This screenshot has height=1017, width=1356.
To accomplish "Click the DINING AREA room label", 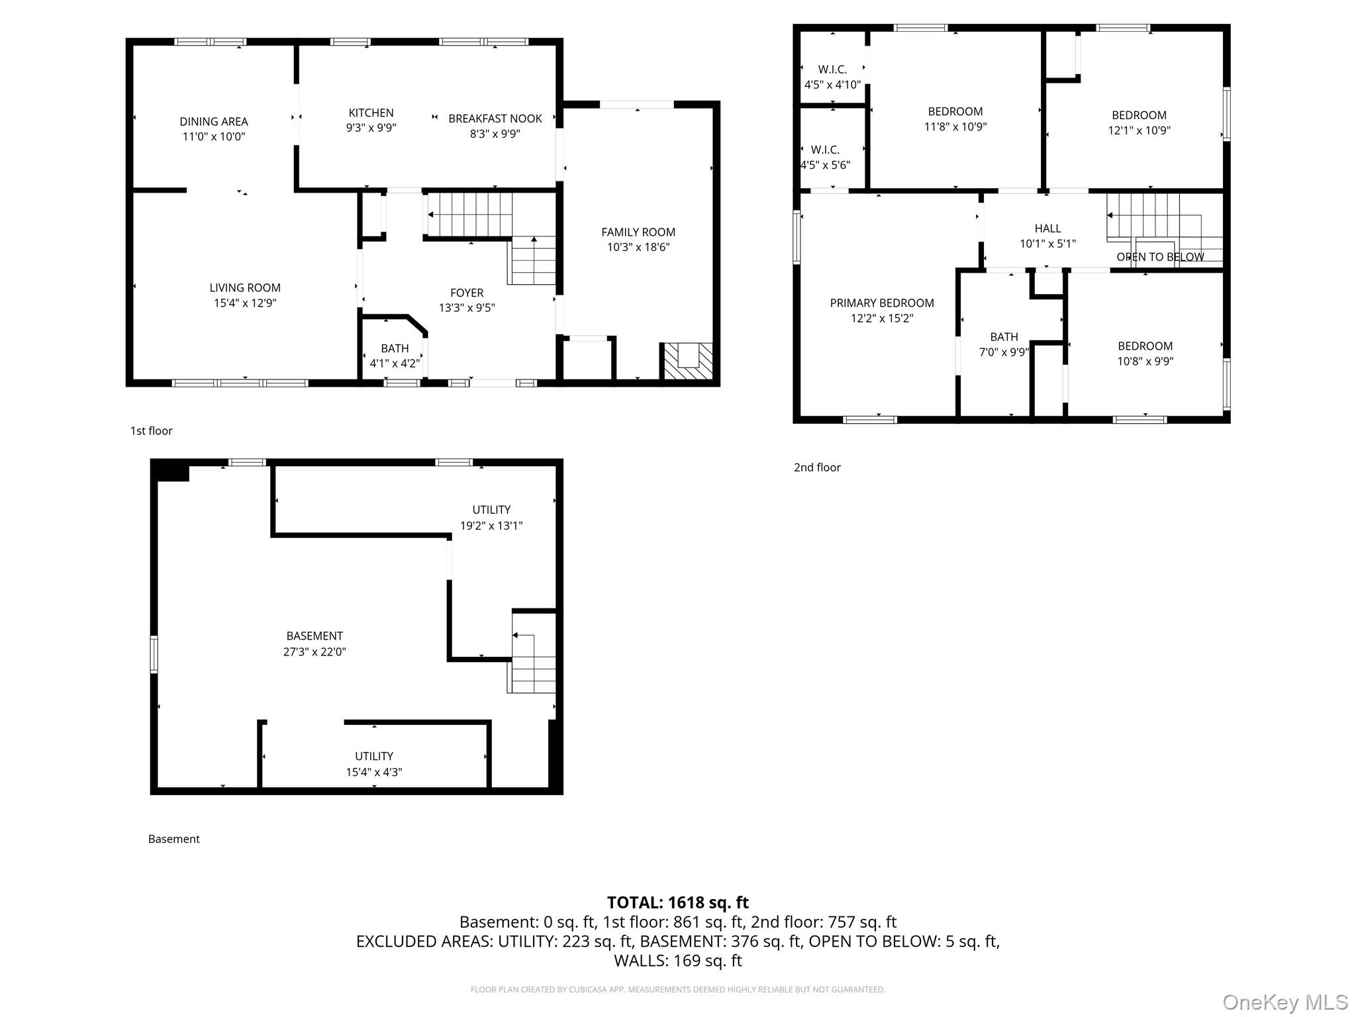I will click(x=213, y=122).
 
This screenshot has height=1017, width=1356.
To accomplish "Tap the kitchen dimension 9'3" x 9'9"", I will click(x=371, y=128).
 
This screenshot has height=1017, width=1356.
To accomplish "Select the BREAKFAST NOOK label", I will click(x=495, y=119).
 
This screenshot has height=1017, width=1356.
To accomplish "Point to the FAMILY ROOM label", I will click(x=638, y=232).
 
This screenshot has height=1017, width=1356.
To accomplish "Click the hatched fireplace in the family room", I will click(x=688, y=362).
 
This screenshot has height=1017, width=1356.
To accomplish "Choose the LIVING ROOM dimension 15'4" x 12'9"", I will click(x=244, y=303).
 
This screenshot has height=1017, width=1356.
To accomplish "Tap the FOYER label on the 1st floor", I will click(x=466, y=293).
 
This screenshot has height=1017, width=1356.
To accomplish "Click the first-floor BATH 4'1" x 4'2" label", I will click(x=395, y=348).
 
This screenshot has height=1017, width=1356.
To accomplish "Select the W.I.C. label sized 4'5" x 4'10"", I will click(x=832, y=70).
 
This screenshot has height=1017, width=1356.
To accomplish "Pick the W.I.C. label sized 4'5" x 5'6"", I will click(x=825, y=150).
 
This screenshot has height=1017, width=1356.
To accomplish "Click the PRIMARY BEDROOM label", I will click(x=881, y=303).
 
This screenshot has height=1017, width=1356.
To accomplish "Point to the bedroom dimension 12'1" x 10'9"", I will click(x=1139, y=130).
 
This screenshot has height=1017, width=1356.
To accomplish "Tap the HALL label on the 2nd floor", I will click(x=1047, y=228).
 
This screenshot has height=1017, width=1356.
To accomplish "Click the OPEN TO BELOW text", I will click(x=1160, y=257).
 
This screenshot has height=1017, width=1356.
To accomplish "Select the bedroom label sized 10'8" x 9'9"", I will click(x=1145, y=346).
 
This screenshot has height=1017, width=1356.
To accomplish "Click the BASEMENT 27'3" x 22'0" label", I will click(x=315, y=636).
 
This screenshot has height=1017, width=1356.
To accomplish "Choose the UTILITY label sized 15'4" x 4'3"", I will click(x=373, y=756).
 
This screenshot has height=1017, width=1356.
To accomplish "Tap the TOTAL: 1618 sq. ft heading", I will click(x=677, y=902).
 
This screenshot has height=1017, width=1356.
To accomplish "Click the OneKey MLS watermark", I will click(x=1284, y=1002).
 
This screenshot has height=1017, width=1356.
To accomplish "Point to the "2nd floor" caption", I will click(x=817, y=467).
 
